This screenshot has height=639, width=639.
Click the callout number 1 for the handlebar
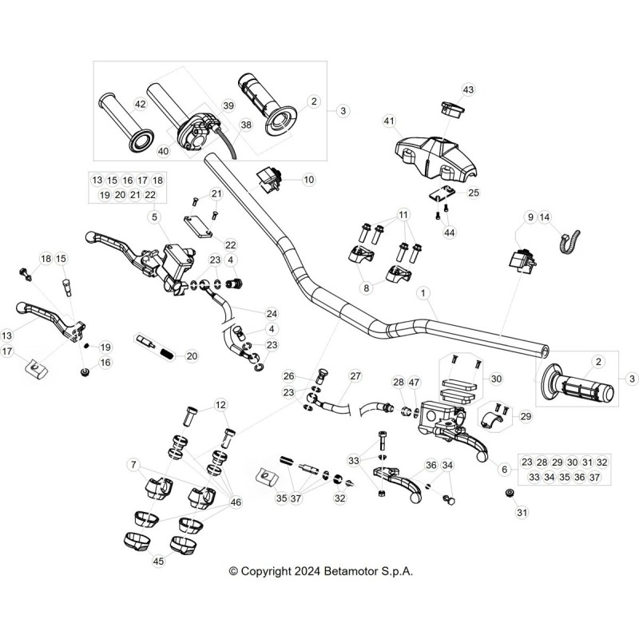423,293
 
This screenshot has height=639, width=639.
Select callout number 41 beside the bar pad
389,121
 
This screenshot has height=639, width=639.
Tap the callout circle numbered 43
468,89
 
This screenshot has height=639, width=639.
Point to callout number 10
309,179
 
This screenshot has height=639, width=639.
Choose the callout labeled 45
158,561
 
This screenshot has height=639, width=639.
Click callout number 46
236,502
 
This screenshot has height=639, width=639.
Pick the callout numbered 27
355,375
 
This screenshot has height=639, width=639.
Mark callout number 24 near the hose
272,313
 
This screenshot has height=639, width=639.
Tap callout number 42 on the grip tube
140,105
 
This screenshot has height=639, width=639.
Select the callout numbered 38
246,125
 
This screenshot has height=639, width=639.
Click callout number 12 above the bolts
220,405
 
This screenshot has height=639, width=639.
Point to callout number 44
449,232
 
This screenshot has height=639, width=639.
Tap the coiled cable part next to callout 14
570,243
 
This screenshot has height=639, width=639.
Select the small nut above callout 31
508,493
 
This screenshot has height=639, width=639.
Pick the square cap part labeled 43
452,109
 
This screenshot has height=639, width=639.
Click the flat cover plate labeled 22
198,227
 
